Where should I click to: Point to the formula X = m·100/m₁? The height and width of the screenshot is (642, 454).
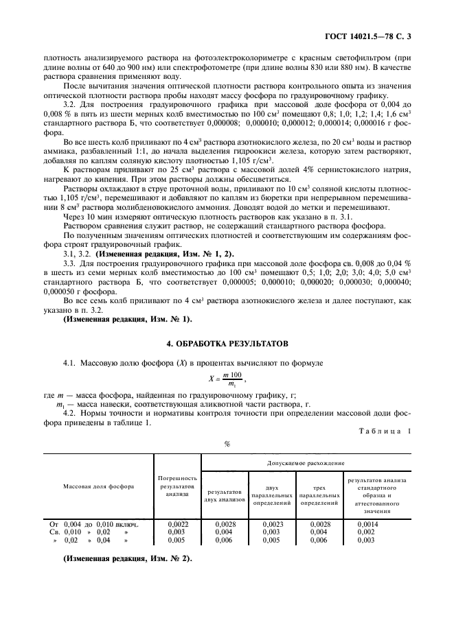point(227,378)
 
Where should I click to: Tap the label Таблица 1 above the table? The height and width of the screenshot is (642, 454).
point(385,430)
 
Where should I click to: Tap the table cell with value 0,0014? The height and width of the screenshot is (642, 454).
point(368,523)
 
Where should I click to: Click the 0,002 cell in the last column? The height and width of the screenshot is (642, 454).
point(366,532)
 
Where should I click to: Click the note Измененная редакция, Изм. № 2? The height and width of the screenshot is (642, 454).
point(128,559)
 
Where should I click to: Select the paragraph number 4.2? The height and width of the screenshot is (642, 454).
point(69,413)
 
